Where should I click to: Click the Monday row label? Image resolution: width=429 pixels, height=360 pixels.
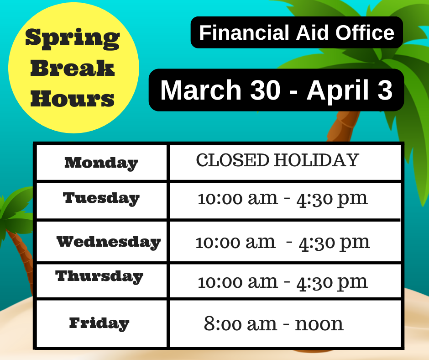[101, 163]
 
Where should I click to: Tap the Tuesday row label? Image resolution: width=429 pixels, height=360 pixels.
[101, 198]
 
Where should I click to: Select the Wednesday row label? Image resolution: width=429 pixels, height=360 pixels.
[108, 242]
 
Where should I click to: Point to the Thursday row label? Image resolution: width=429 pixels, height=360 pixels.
[99, 276]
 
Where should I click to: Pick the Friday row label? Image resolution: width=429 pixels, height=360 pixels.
[99, 323]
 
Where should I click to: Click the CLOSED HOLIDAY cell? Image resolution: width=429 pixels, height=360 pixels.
[277, 160]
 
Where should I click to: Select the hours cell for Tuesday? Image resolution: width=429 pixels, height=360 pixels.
[283, 199]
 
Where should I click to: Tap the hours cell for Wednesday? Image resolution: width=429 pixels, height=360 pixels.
[283, 242]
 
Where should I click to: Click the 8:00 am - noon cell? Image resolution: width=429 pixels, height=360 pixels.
[273, 324]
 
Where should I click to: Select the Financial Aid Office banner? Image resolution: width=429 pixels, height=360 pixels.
[297, 32]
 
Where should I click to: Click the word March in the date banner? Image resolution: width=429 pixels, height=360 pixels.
[200, 90]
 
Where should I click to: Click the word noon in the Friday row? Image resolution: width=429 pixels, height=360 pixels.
[319, 324]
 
